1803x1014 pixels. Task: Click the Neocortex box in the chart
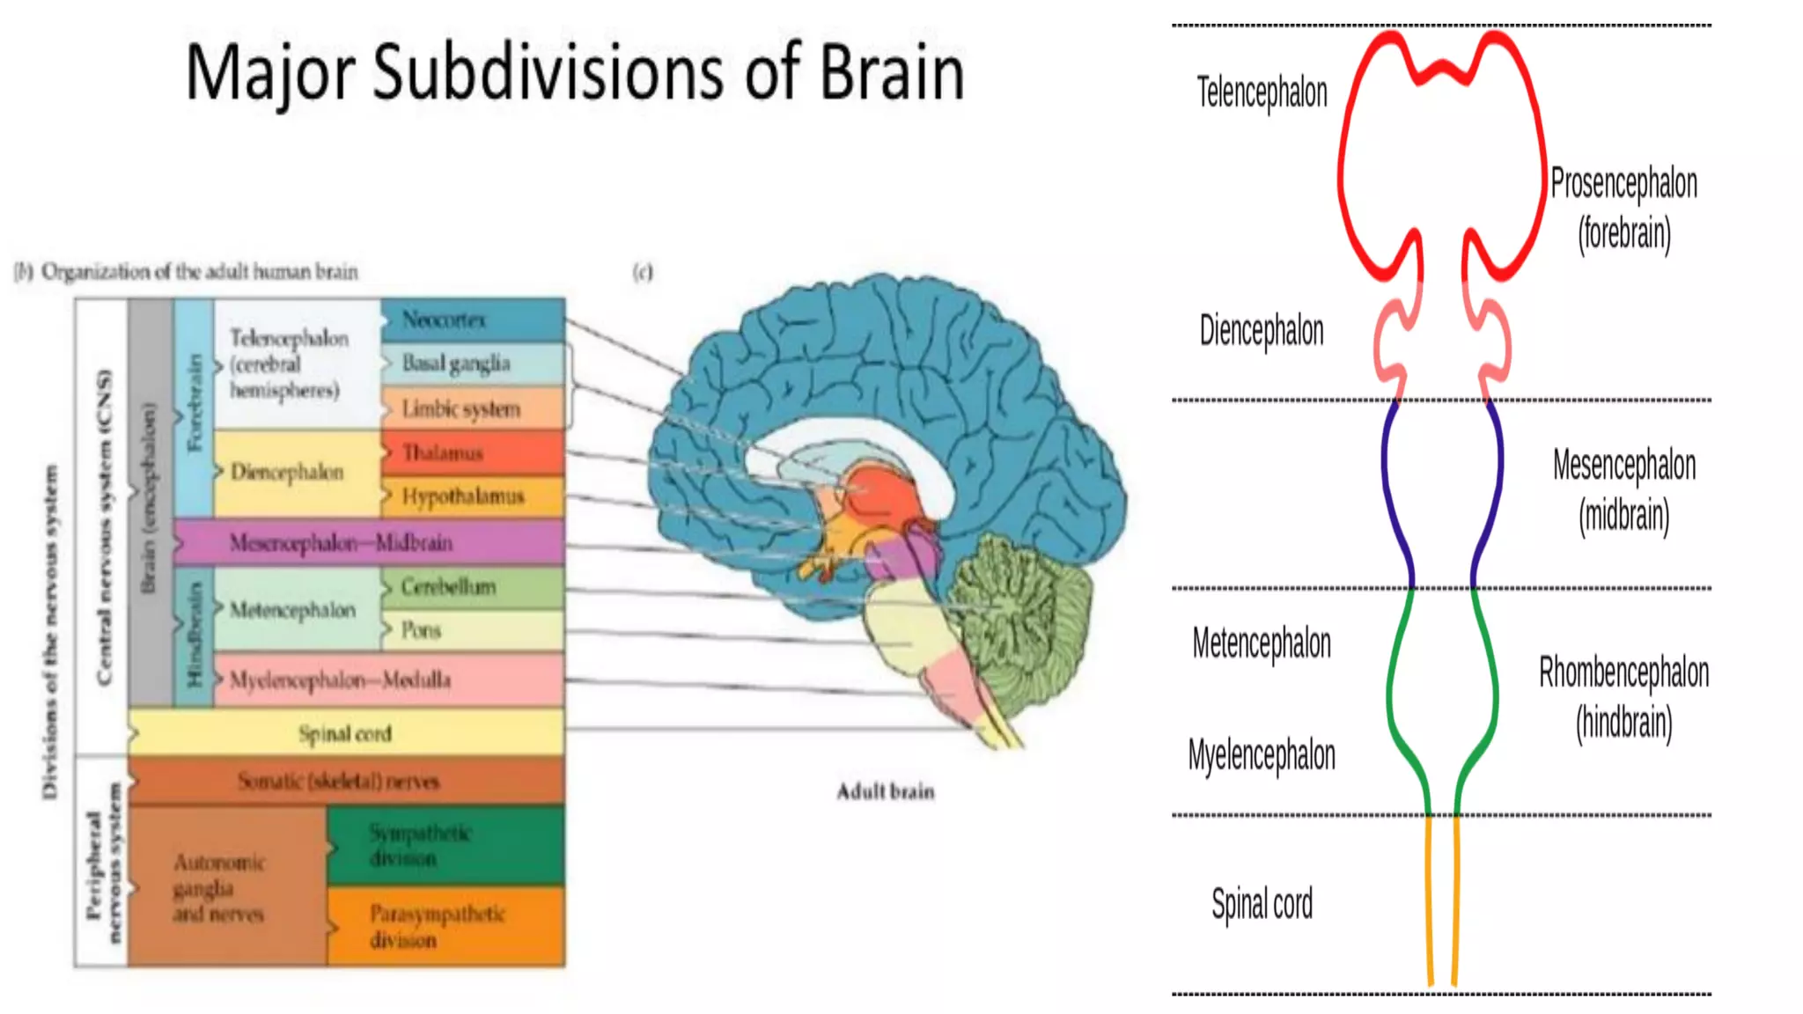(x=473, y=320)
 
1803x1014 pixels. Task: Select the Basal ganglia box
(x=473, y=364)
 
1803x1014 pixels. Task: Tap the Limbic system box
(x=473, y=408)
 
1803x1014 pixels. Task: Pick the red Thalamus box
(x=473, y=453)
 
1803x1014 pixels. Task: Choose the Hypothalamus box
(x=473, y=497)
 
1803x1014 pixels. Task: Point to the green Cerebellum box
(x=473, y=587)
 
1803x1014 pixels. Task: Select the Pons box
(x=473, y=630)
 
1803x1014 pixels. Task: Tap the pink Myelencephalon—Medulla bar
(x=387, y=680)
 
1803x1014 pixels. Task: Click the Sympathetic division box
(x=445, y=846)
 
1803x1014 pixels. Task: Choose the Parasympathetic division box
(x=445, y=927)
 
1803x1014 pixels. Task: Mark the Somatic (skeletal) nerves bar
(x=346, y=781)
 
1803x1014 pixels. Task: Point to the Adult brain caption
(x=885, y=791)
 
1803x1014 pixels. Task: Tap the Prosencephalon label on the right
(x=1623, y=184)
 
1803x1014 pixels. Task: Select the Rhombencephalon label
(x=1623, y=672)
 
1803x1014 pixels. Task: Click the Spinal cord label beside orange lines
(x=1262, y=904)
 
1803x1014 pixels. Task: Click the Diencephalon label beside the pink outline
(x=1261, y=331)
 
